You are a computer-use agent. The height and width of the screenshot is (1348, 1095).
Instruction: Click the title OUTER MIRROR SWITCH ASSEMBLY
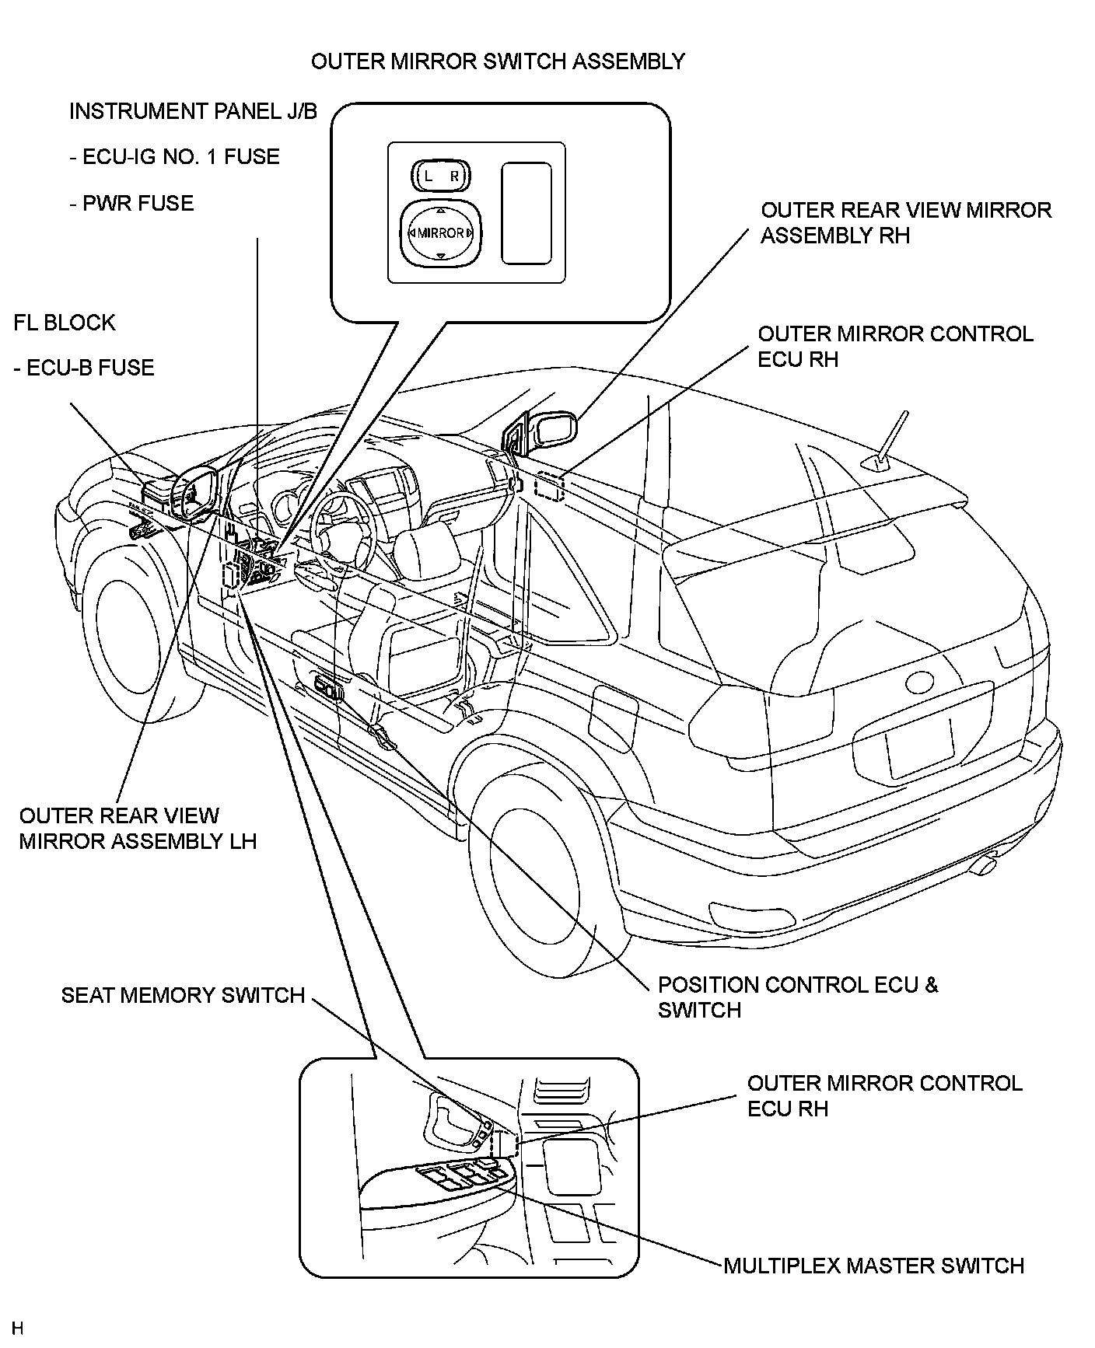point(498,61)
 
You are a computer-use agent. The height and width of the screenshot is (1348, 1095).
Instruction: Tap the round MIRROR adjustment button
point(440,232)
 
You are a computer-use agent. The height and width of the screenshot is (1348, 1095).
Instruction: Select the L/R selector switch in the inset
point(440,176)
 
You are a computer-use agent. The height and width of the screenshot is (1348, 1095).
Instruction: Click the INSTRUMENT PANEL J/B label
point(193,111)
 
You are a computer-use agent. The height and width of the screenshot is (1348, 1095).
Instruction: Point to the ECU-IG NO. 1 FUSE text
point(174,157)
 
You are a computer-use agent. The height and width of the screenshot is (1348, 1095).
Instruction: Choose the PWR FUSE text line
point(131,204)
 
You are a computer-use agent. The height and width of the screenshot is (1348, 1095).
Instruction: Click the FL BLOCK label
point(65,323)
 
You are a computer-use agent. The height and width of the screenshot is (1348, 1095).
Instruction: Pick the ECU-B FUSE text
point(84,368)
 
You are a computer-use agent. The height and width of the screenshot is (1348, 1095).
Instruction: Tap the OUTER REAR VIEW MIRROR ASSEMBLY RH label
point(906,222)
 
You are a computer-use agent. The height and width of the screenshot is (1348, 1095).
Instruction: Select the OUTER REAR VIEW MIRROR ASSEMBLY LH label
point(138,829)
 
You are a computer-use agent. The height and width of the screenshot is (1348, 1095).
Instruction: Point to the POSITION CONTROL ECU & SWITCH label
point(797,997)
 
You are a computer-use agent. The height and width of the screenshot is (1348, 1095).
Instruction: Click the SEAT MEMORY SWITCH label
point(183,996)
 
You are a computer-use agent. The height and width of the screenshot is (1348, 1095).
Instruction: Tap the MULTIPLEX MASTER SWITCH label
point(873,1266)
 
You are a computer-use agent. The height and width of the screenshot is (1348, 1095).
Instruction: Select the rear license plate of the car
point(920,746)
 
